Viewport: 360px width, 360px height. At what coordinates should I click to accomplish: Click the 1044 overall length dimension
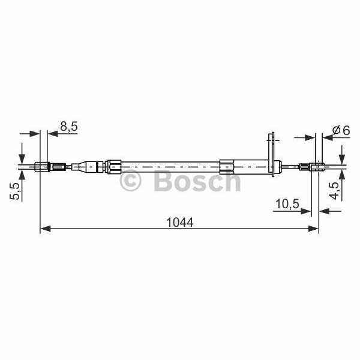[180, 222]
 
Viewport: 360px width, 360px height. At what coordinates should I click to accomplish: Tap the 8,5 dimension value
[69, 126]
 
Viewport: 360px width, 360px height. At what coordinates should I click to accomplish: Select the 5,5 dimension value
[15, 193]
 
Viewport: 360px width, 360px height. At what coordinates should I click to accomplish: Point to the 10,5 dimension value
[287, 203]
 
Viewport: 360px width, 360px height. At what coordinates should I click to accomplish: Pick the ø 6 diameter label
[341, 130]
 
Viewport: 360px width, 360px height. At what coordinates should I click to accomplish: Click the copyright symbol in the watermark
[130, 181]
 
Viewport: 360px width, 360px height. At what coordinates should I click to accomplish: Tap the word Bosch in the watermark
[197, 180]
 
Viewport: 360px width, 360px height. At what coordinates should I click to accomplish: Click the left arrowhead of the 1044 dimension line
[46, 229]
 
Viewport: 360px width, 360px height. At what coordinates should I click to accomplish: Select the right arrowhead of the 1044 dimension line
[313, 229]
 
